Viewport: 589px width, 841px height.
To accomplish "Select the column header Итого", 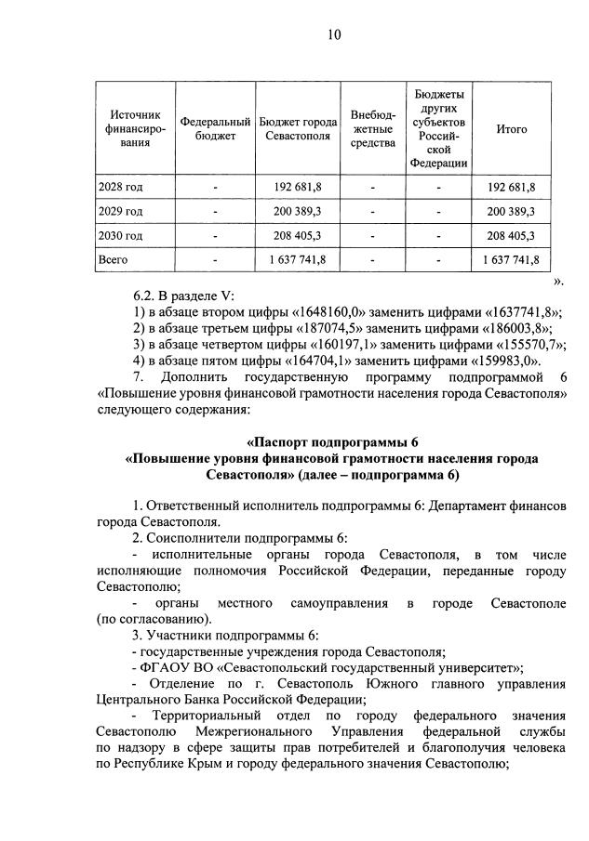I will tap(511, 129).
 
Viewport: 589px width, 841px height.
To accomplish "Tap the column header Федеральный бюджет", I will tap(215, 129).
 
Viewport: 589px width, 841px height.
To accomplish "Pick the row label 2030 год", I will tap(121, 235).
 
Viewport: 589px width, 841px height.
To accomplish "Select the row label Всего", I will tap(114, 259).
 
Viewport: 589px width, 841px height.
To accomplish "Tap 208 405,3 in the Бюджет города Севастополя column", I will tap(298, 235).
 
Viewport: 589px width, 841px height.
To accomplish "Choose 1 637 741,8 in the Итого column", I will tap(511, 259).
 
